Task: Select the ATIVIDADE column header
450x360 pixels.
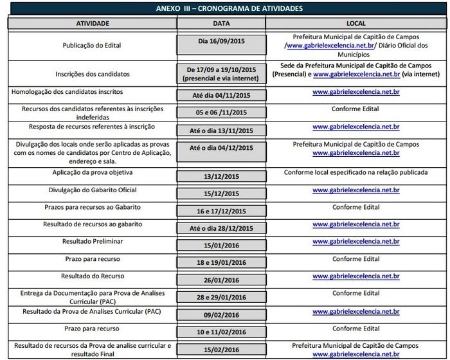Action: (93, 23)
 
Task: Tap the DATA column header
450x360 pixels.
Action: (221, 23)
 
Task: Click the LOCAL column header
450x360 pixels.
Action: (356, 23)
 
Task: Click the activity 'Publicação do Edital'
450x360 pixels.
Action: (92, 46)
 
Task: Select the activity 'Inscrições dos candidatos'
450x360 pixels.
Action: (92, 74)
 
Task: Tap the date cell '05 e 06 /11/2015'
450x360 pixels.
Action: (221, 113)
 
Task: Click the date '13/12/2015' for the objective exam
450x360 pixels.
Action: (221, 176)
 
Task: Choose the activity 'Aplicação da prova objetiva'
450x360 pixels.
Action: (93, 173)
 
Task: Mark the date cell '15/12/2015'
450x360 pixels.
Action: (221, 194)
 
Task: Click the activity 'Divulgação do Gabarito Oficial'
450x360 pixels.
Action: (93, 190)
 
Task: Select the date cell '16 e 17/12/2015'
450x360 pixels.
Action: (221, 211)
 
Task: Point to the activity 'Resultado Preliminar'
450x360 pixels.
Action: (93, 241)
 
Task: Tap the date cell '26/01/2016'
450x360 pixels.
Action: (221, 280)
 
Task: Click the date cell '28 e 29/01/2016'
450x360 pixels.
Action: (221, 298)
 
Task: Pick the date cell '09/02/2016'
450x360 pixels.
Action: (221, 315)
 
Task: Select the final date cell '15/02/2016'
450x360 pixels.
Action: (221, 350)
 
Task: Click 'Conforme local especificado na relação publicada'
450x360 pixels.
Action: (356, 173)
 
